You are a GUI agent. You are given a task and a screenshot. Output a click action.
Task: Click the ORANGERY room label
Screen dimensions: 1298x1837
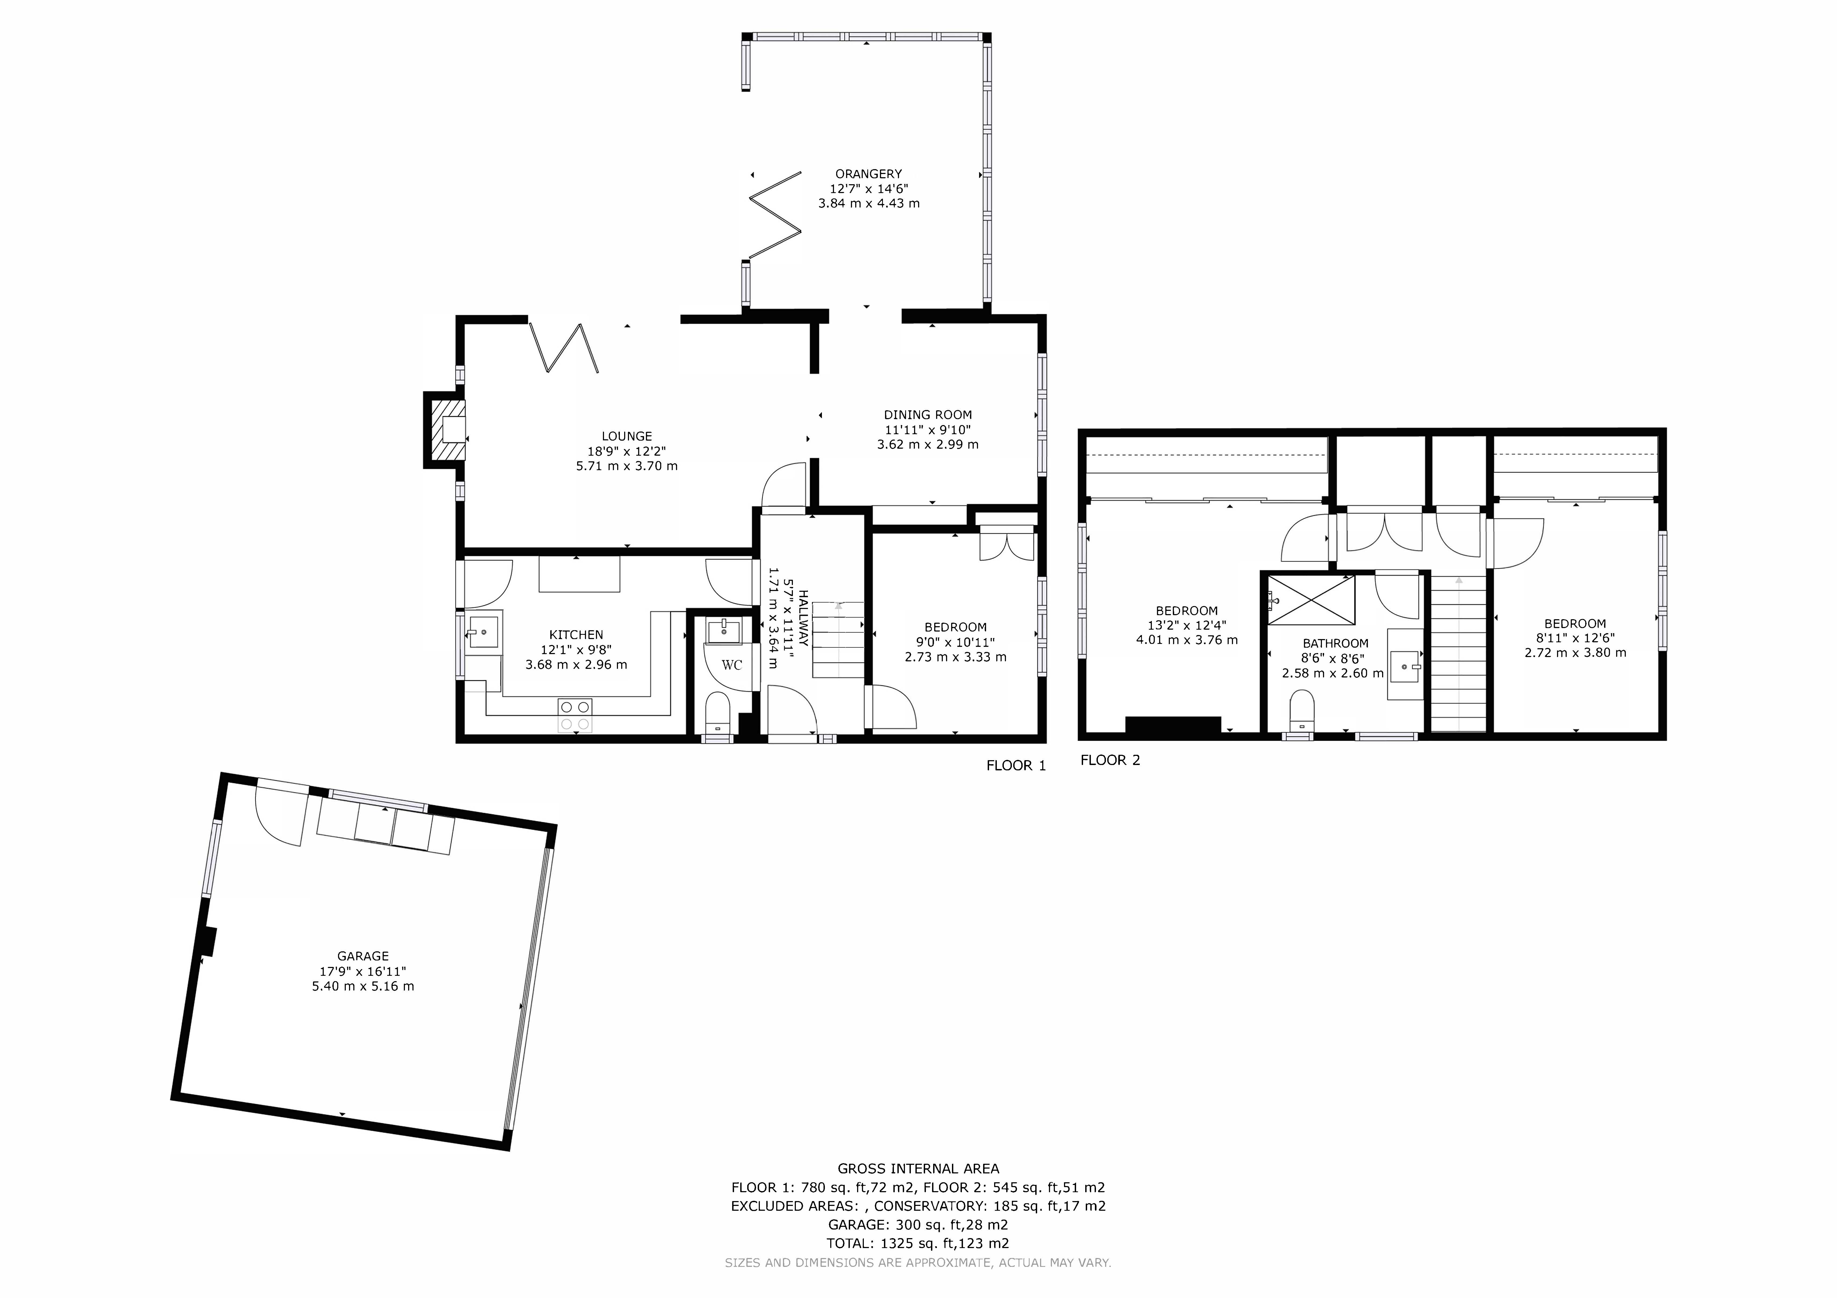[868, 173]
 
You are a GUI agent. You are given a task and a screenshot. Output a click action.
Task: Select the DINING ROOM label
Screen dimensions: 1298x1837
[927, 414]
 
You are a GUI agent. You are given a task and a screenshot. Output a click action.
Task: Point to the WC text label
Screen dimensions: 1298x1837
[731, 665]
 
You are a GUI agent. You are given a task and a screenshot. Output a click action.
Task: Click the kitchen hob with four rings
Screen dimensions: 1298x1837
[575, 715]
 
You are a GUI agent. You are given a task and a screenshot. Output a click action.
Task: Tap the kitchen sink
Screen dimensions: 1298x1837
[483, 632]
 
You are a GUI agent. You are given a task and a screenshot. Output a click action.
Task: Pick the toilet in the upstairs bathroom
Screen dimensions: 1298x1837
[1302, 709]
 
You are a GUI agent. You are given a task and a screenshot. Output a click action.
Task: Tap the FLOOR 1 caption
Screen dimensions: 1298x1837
[1015, 765]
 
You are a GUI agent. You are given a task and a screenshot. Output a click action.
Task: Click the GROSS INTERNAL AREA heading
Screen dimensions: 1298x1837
[918, 1168]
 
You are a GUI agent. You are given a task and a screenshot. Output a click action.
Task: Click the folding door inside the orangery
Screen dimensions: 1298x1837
[774, 216]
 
